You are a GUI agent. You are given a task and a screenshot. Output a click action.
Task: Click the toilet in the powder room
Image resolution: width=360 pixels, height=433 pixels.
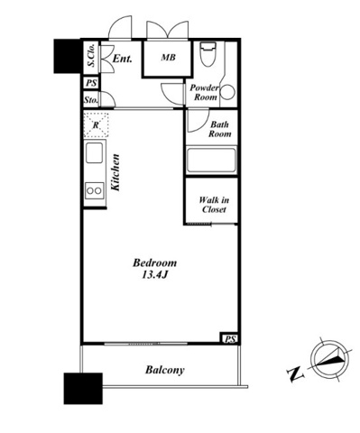[x=208, y=54]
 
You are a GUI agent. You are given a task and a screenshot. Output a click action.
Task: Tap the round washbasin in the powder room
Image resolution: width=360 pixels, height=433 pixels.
[x=228, y=92]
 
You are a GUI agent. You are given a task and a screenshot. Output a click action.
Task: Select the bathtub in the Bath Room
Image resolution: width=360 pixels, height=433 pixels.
[x=211, y=161]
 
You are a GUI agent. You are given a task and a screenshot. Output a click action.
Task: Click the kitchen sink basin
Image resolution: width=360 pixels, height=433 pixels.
[x=94, y=152]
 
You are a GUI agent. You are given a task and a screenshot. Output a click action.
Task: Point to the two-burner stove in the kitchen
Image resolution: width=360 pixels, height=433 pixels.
[x=95, y=190]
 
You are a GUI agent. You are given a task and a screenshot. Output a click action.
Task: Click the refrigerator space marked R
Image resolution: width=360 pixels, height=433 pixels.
[x=96, y=124]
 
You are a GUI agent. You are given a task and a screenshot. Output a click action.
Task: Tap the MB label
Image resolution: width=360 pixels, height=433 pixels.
[x=168, y=57]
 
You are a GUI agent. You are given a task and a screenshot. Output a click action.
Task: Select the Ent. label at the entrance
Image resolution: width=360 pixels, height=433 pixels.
[x=123, y=59]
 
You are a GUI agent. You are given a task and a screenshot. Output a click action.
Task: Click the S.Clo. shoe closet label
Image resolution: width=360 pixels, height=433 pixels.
[x=91, y=55]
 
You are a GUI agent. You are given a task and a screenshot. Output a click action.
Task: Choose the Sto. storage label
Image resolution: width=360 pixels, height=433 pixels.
[x=91, y=100]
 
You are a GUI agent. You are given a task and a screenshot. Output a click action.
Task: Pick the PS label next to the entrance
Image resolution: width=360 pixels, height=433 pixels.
[x=91, y=83]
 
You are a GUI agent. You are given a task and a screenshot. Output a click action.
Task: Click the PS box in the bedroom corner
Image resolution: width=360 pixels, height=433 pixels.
[x=230, y=339]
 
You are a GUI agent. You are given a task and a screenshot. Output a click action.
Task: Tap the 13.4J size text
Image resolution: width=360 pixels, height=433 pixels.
[x=154, y=274]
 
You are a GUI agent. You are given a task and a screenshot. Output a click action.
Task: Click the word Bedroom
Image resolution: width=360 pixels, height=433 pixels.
[x=154, y=263]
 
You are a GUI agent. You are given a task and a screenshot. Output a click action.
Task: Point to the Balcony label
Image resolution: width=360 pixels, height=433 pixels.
[x=165, y=370]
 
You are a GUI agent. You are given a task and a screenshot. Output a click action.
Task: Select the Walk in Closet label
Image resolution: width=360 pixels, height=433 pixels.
[x=214, y=205]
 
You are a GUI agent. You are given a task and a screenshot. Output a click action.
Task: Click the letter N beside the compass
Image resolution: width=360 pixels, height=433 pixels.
[x=296, y=373]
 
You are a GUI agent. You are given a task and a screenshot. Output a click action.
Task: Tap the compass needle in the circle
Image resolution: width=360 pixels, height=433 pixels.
[x=328, y=358]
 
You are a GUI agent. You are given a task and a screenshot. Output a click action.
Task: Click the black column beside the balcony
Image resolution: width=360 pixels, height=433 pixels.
[x=83, y=389]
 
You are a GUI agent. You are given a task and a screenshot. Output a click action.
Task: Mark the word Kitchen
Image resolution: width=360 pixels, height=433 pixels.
[x=115, y=172]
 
